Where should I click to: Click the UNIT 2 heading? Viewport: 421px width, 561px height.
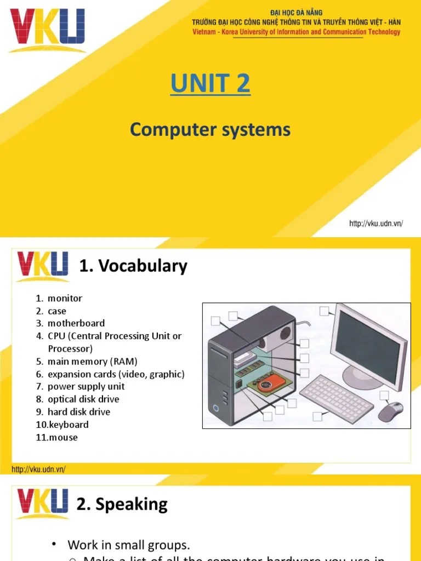(x=210, y=84)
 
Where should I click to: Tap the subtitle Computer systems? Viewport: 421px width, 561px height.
(x=210, y=130)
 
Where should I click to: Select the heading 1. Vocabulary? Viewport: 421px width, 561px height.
(x=133, y=266)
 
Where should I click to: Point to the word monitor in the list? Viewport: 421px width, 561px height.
(x=65, y=299)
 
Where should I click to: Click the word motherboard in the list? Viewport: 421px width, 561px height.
(x=76, y=323)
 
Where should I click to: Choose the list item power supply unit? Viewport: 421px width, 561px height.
(x=86, y=386)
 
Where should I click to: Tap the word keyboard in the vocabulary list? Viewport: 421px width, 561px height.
(x=69, y=425)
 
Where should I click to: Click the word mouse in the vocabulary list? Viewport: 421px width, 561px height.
(x=64, y=437)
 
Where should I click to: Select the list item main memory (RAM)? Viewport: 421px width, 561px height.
(x=92, y=362)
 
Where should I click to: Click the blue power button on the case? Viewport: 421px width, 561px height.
(x=217, y=408)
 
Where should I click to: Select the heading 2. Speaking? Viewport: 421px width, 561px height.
(x=122, y=504)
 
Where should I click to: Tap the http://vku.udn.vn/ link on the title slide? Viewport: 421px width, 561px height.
(x=376, y=224)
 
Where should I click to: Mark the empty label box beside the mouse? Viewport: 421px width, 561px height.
(x=384, y=396)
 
